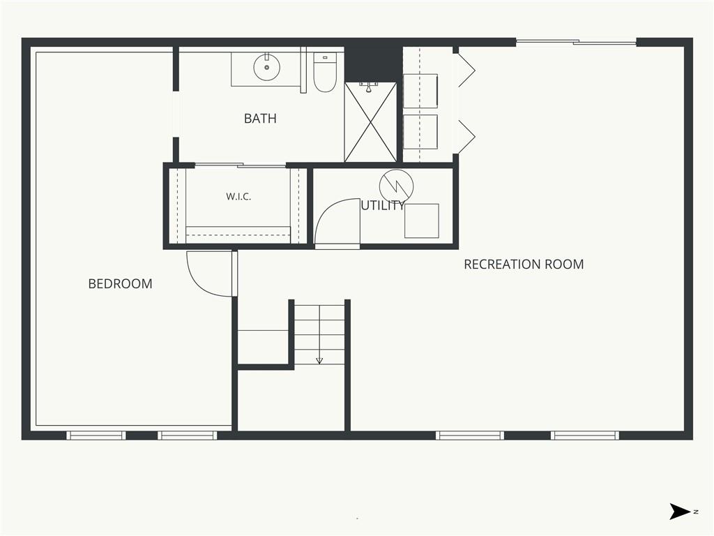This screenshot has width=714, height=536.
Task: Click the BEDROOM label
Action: (120, 283)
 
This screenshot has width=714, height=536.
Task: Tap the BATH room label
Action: (260, 119)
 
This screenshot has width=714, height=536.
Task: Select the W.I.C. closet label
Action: (238, 197)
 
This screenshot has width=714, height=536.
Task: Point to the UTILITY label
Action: (383, 206)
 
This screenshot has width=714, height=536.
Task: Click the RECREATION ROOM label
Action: (524, 265)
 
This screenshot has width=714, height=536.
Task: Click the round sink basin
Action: (267, 68)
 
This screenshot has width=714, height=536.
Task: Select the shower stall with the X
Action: (371, 121)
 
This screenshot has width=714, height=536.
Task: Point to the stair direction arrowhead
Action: (319, 361)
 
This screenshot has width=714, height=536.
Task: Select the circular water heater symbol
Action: (396, 186)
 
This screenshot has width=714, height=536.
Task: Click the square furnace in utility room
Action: (422, 221)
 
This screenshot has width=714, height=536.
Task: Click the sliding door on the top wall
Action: (576, 43)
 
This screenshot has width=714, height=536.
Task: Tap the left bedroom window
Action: (96, 435)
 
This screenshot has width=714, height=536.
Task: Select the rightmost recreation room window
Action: (585, 435)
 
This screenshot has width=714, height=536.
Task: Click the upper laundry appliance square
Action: (420, 91)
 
